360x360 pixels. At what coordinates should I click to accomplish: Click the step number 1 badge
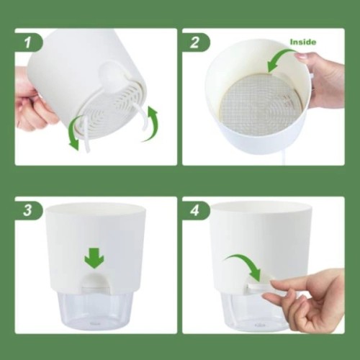click(28, 42)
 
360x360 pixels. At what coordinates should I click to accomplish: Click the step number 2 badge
click(195, 42)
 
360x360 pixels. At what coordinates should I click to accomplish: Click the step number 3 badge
click(28, 210)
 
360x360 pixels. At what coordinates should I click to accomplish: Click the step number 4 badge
click(195, 210)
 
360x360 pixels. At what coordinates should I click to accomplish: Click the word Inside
click(303, 42)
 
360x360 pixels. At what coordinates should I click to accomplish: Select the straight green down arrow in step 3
click(94, 258)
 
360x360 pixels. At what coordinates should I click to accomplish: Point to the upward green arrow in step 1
click(152, 125)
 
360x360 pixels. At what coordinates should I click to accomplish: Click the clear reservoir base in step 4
click(256, 311)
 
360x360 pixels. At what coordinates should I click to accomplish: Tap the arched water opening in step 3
click(96, 283)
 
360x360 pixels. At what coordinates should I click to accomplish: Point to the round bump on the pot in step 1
click(111, 73)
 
